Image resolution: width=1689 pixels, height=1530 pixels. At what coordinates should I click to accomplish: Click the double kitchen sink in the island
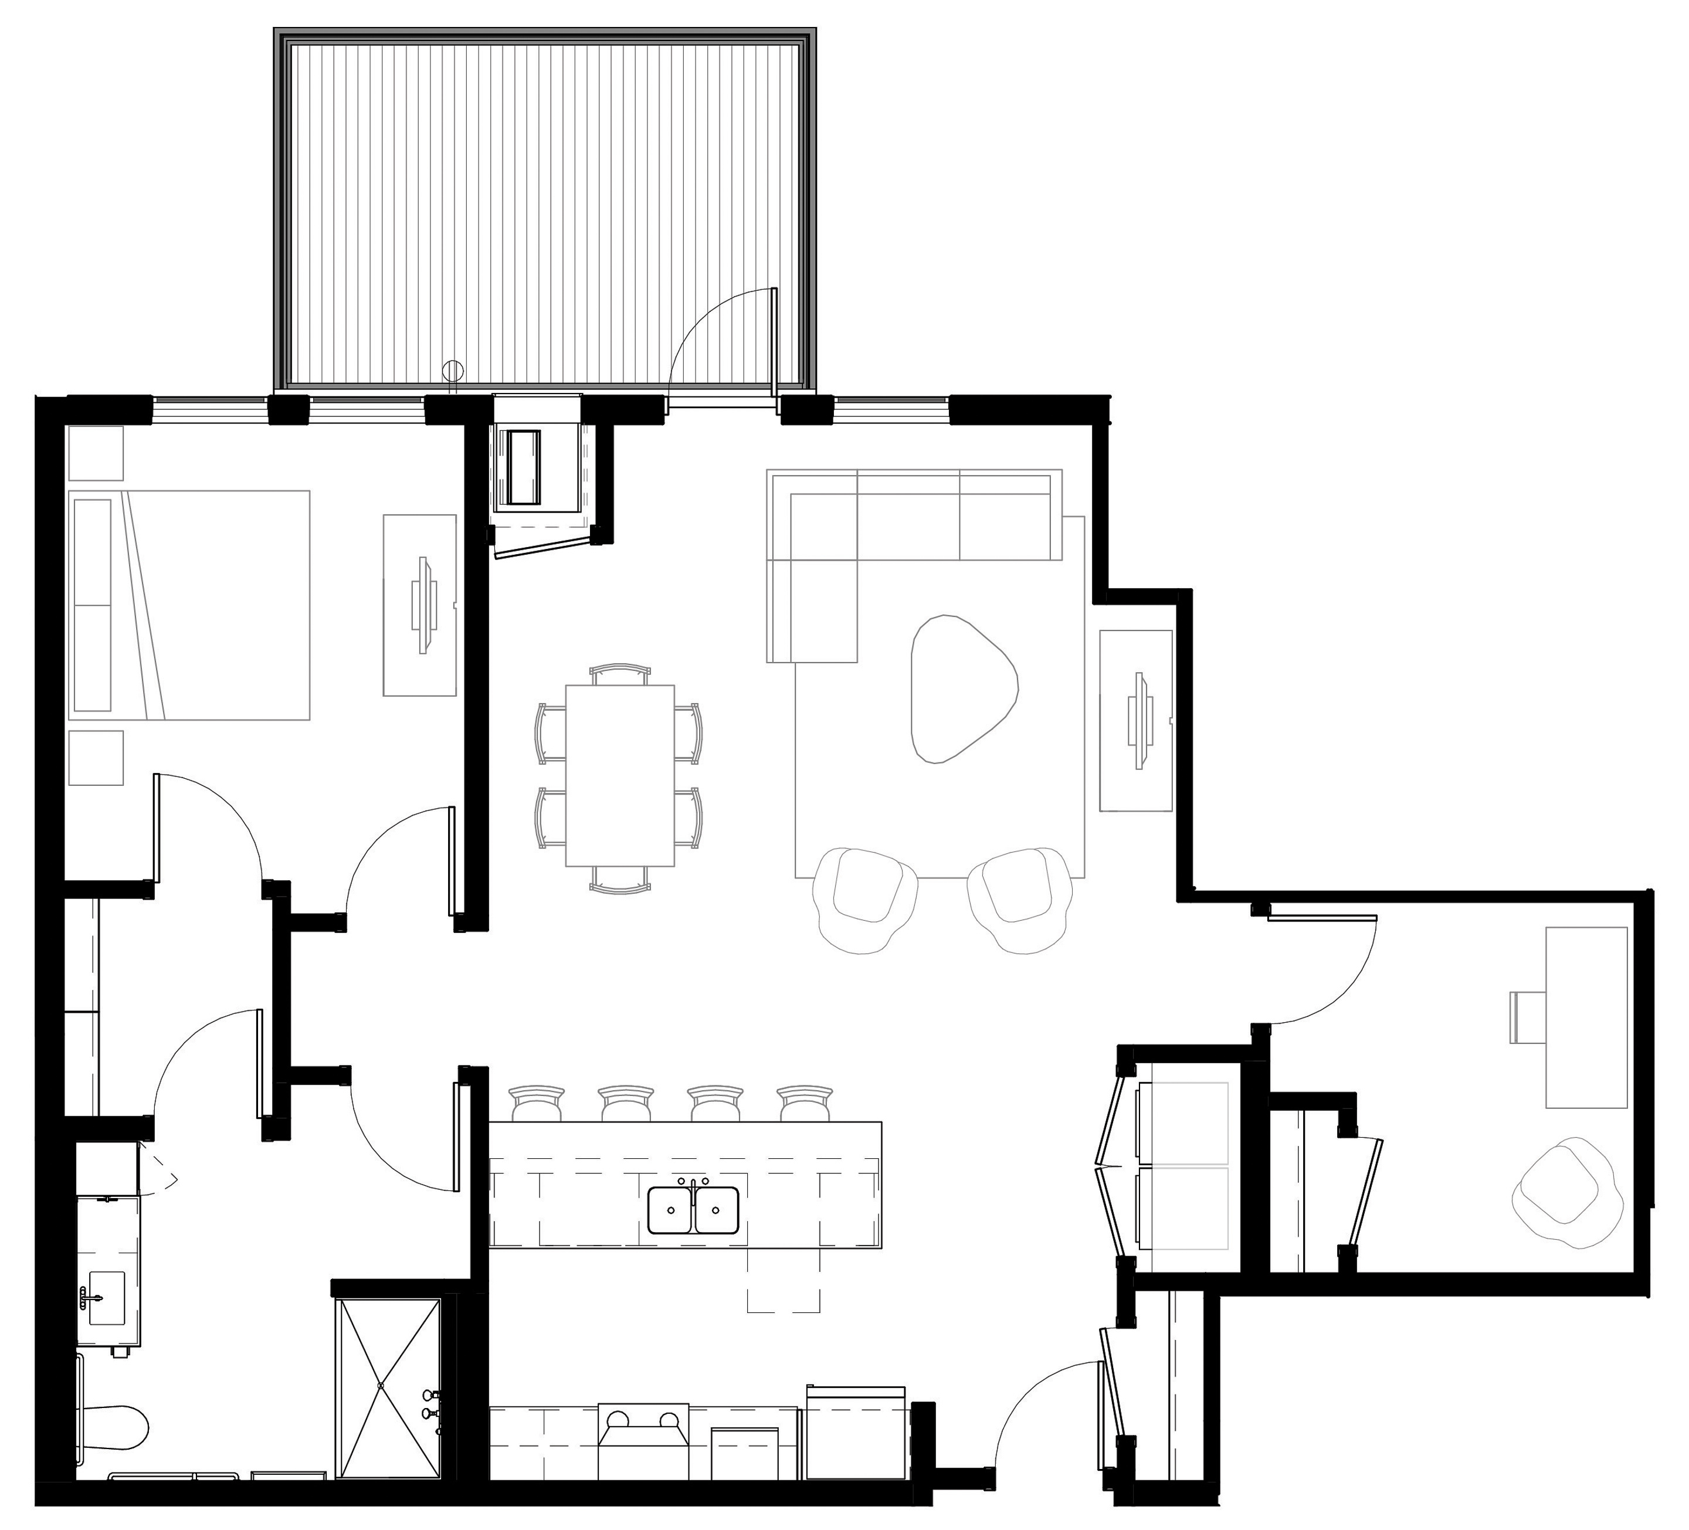694,1210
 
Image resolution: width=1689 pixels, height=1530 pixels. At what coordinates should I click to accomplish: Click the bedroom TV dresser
420,605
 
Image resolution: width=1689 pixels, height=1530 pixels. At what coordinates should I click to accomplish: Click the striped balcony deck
545,209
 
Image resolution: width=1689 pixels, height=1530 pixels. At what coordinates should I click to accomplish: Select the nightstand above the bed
96,453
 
